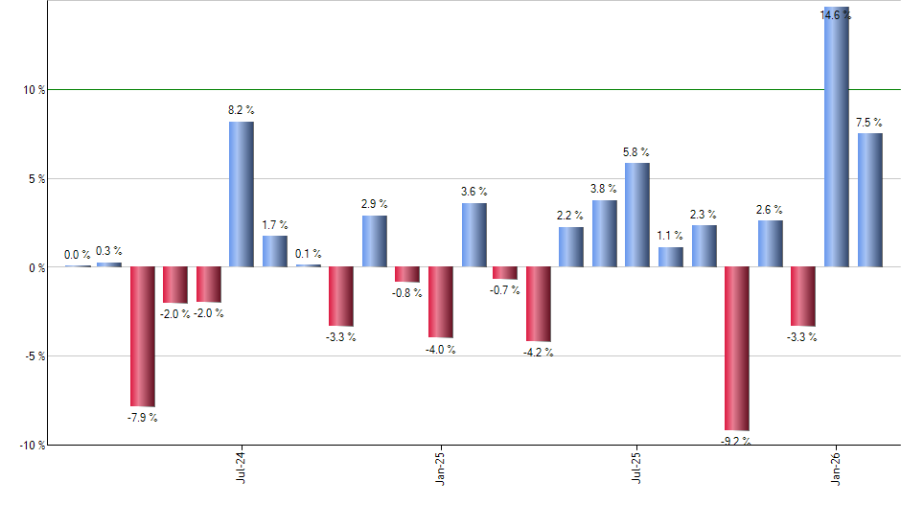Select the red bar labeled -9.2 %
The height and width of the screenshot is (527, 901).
[x=737, y=349]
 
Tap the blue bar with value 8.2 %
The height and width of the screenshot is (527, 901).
[x=242, y=195]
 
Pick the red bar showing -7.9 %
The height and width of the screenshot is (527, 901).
[x=143, y=336]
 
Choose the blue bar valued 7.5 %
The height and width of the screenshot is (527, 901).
[x=870, y=200]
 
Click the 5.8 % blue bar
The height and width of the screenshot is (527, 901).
[x=637, y=216]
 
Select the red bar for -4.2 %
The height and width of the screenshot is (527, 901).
[x=539, y=304]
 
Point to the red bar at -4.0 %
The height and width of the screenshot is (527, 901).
[x=440, y=302]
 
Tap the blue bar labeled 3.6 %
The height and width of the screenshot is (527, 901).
[x=474, y=235]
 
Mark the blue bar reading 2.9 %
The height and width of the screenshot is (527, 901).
[x=375, y=241]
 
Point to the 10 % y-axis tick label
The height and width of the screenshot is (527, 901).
[x=35, y=90]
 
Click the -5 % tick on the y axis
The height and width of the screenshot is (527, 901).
[x=35, y=356]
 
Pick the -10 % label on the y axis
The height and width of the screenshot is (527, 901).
[x=33, y=446]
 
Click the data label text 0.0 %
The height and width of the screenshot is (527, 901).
[x=78, y=255]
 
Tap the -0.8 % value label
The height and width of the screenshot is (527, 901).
[x=407, y=293]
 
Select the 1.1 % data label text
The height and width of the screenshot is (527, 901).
[x=671, y=236]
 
